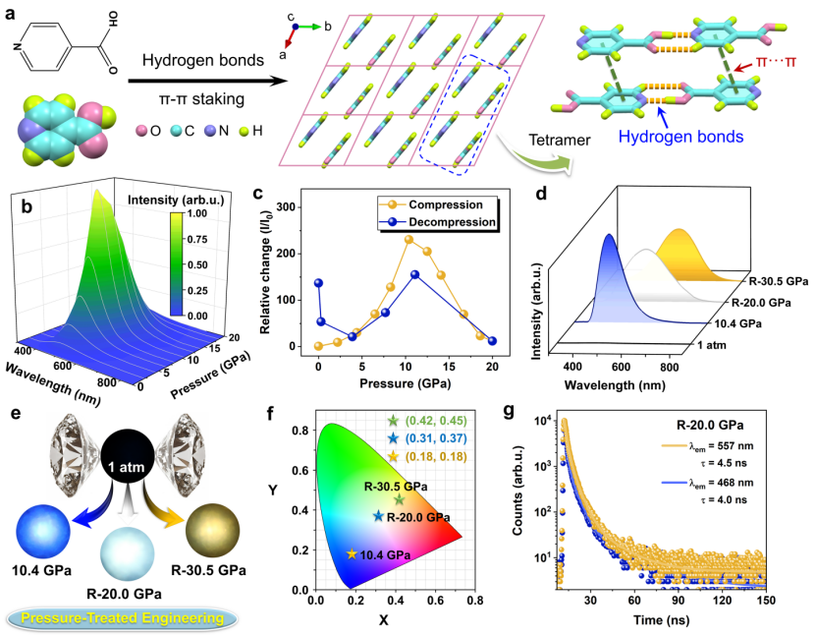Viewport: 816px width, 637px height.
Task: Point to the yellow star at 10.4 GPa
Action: [x=352, y=553]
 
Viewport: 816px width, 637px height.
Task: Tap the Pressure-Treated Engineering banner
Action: [x=123, y=619]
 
